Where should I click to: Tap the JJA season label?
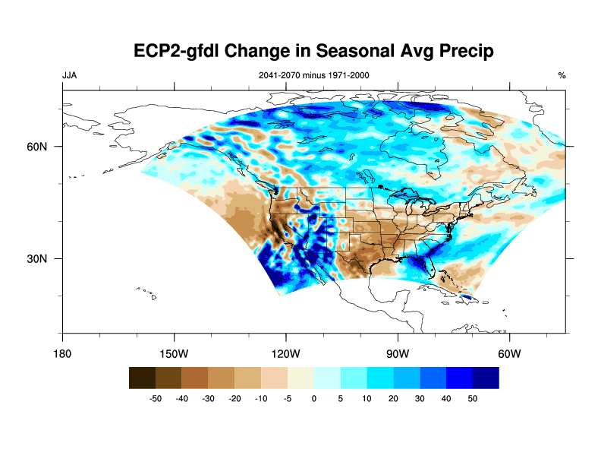pyautogui.click(x=69, y=75)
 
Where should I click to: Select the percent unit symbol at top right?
pyautogui.click(x=562, y=75)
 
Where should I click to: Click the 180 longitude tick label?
pyautogui.click(x=62, y=353)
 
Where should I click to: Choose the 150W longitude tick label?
pyautogui.click(x=175, y=353)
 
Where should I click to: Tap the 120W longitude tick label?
pyautogui.click(x=286, y=353)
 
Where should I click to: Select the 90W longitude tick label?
pyautogui.click(x=398, y=353)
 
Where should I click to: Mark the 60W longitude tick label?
pyautogui.click(x=509, y=353)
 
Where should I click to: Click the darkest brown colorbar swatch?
pyautogui.click(x=142, y=378)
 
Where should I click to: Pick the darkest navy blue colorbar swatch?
pyautogui.click(x=486, y=378)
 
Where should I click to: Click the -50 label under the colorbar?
pyautogui.click(x=156, y=398)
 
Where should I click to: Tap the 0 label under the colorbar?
pyautogui.click(x=314, y=398)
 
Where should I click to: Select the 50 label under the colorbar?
pyautogui.click(x=472, y=398)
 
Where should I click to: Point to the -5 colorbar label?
pyautogui.click(x=288, y=398)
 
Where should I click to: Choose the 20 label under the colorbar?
pyautogui.click(x=393, y=398)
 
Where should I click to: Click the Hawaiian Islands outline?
pyautogui.click(x=149, y=292)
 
